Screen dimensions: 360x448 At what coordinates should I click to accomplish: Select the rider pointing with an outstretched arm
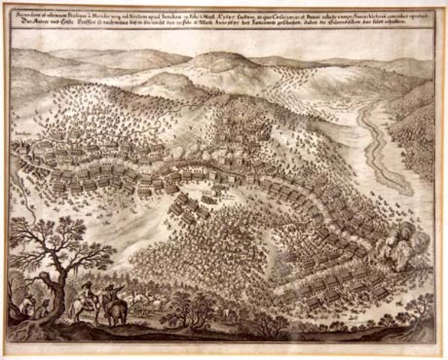click(113, 291)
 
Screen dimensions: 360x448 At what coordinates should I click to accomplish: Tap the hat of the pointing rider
click(112, 284)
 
